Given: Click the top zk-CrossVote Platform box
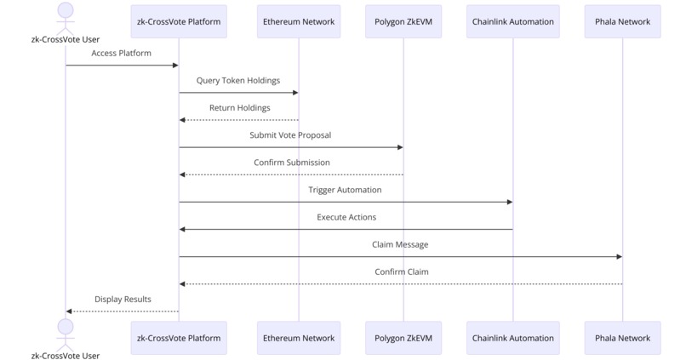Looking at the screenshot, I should click(x=179, y=21).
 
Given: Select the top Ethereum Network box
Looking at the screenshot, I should click(x=299, y=21).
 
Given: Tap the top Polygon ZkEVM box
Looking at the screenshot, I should click(x=403, y=21).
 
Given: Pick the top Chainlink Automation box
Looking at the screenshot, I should click(x=512, y=21).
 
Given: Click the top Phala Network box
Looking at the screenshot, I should click(x=622, y=21).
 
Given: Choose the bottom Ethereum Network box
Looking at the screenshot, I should click(x=299, y=338).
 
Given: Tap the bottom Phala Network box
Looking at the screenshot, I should click(x=622, y=338).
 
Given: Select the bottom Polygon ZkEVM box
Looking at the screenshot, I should click(x=403, y=338).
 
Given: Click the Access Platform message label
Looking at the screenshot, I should click(x=122, y=53).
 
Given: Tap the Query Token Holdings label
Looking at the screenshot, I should click(x=238, y=81).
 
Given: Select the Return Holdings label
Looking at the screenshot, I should click(x=239, y=108).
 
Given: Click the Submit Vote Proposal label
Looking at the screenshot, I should click(x=290, y=135).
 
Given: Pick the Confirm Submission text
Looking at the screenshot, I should click(x=291, y=163).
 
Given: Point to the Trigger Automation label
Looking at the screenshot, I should click(x=345, y=190).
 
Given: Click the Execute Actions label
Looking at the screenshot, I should click(x=346, y=217).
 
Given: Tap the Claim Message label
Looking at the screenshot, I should click(x=400, y=244).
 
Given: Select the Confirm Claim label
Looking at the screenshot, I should click(x=401, y=271).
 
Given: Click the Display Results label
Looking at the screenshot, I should click(x=123, y=299).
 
